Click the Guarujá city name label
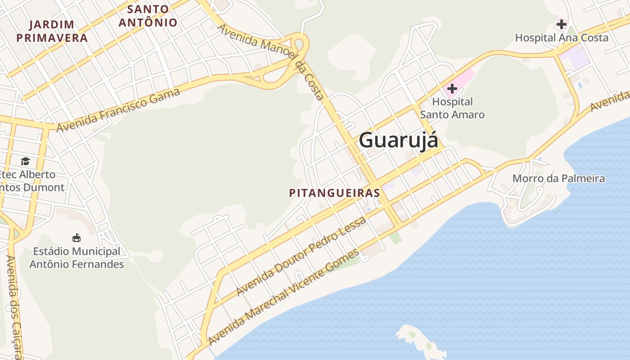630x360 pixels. tap(398, 139)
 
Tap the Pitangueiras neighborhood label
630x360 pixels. tap(334, 193)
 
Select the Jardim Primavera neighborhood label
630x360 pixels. tap(52, 31)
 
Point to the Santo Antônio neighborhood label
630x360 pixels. tap(148, 15)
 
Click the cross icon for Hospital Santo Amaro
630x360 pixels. tap(452, 89)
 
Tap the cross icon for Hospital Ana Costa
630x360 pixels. tap(561, 24)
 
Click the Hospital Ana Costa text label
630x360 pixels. tap(562, 38)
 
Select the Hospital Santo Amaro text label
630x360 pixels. tap(452, 108)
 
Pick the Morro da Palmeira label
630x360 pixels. tap(558, 179)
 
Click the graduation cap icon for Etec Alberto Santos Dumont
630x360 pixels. tap(25, 161)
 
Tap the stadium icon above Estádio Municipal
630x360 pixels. tap(76, 238)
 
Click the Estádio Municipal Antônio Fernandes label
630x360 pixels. tap(76, 258)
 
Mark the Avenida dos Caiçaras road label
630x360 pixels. tap(14, 306)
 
